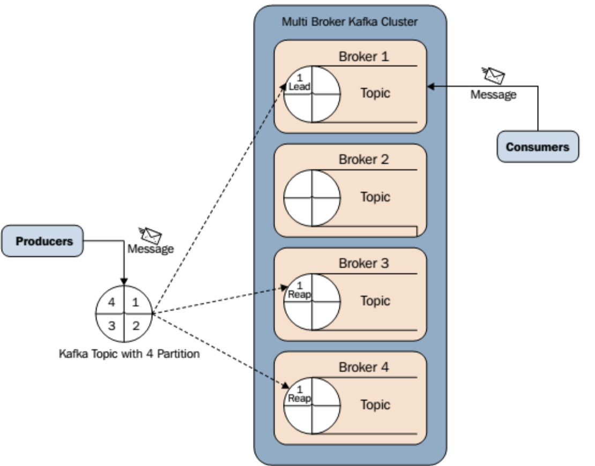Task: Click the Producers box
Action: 44,241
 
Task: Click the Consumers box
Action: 538,147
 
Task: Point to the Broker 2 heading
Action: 364,160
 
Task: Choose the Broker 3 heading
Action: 364,264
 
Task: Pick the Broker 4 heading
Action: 364,368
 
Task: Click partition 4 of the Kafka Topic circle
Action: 111,302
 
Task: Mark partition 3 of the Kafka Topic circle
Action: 111,326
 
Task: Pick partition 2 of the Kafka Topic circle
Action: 136,326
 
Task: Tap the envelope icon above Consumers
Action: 494,76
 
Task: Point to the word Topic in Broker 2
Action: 375,197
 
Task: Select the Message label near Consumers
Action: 494,95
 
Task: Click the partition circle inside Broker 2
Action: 312,197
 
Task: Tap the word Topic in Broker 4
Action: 375,405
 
